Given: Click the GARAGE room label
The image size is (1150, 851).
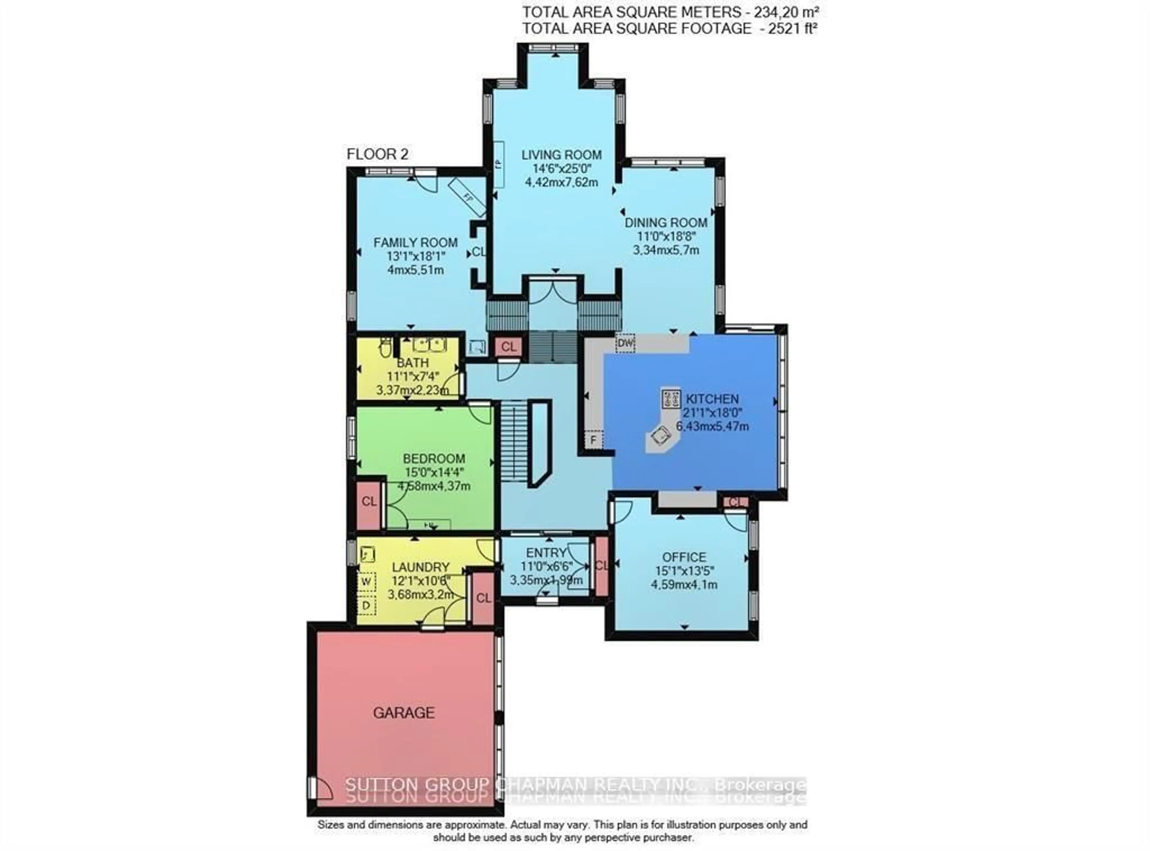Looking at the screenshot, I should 403,713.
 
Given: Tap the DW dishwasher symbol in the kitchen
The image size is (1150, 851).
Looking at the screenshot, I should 625,342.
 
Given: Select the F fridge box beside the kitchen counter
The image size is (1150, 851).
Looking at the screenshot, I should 593,440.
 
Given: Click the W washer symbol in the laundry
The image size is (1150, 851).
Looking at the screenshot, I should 366,581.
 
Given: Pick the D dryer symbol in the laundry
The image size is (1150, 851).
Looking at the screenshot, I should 366,606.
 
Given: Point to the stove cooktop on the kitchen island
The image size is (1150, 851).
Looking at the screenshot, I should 671,399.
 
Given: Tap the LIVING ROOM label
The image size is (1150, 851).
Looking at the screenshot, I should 561,154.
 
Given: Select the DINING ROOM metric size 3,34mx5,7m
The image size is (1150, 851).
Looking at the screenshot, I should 666,250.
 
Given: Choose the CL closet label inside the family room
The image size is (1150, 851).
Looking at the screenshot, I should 479,252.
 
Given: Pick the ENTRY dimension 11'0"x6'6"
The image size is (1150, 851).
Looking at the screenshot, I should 546,567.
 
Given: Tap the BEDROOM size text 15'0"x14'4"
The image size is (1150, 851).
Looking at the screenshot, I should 434,472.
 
